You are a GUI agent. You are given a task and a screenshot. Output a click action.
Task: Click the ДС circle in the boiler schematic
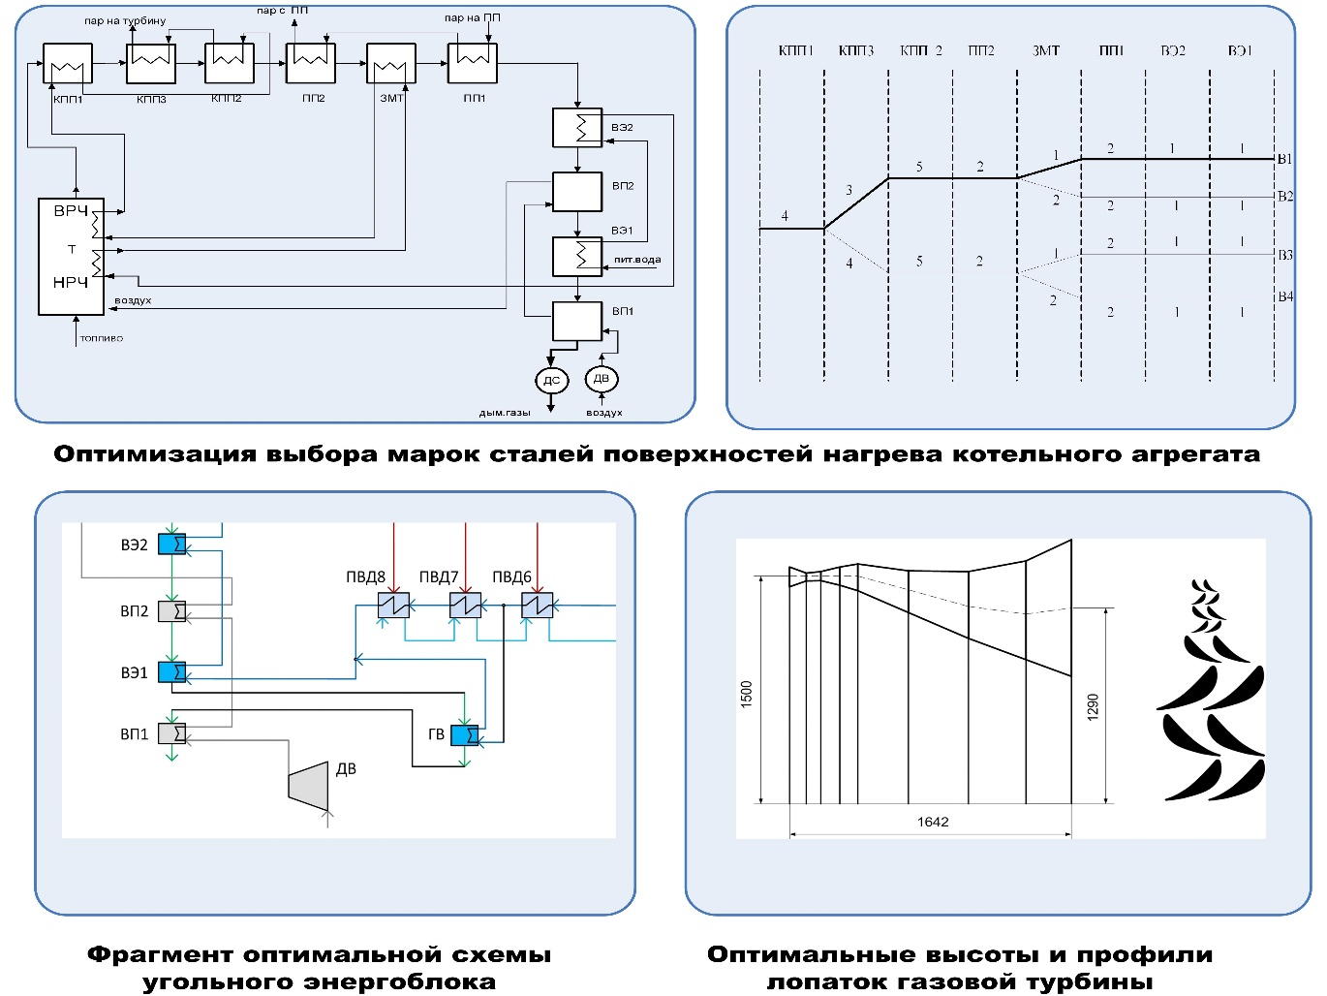coord(551,380)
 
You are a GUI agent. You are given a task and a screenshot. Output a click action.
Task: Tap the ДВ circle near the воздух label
coord(602,379)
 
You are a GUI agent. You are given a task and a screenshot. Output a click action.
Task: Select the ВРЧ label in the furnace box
coord(71,211)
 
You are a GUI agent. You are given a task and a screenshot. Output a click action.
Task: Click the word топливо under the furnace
coord(101,338)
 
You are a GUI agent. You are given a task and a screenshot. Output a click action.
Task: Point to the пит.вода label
coord(637,260)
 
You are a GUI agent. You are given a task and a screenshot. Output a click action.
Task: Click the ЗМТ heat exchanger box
coord(391,65)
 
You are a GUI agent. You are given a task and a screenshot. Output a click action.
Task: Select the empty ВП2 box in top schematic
coord(577,192)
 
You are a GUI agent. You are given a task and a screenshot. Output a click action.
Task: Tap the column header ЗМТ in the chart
coord(1046,50)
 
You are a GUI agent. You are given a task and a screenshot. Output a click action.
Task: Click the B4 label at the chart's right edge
coord(1285,296)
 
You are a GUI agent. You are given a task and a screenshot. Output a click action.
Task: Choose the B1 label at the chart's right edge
coord(1284,159)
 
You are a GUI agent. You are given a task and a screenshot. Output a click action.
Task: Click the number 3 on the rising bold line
coord(849,190)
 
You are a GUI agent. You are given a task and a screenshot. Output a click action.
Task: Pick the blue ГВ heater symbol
coord(465,736)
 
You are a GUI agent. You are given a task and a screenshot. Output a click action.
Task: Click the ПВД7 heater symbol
coord(465,607)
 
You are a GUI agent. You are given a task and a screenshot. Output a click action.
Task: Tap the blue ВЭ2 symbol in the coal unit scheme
coord(172,545)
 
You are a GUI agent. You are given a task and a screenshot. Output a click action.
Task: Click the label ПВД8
coord(365,577)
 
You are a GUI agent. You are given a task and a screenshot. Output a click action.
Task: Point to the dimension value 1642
coord(933,822)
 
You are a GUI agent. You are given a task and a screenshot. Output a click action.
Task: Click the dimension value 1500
coord(746,694)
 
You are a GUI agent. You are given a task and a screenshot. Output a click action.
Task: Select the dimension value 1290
coord(1093,706)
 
